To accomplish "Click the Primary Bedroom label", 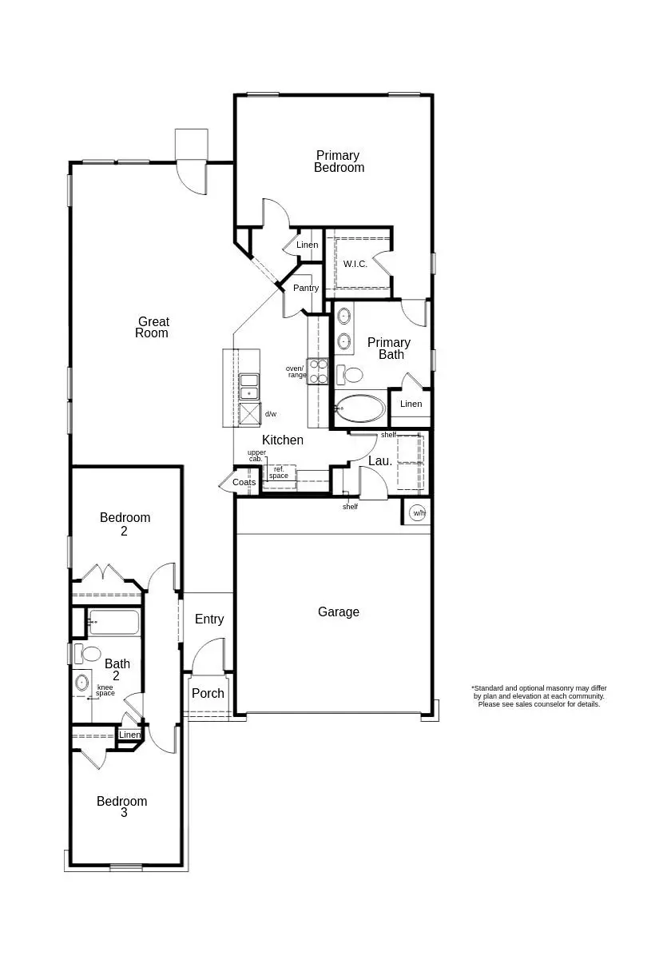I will (339, 161).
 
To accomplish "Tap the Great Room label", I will (152, 328).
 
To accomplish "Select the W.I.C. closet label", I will (355, 264).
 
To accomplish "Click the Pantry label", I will (306, 288).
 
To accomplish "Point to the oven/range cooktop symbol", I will (318, 372).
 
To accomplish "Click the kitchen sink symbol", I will (250, 387).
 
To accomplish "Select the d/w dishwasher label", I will (271, 414).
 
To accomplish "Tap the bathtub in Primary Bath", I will (360, 408).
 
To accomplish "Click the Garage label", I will (339, 612).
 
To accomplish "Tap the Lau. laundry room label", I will (380, 461).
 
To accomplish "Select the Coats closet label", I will (244, 482).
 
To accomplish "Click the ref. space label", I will (279, 472).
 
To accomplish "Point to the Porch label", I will (208, 693).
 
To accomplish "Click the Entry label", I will (209, 619).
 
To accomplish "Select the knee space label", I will (105, 690).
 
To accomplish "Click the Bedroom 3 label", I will (122, 807).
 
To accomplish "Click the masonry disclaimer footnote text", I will (538, 695).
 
